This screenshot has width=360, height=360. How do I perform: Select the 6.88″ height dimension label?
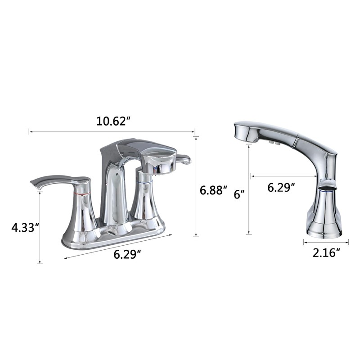(x=213, y=190)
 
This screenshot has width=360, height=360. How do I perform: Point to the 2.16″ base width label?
(x=326, y=253)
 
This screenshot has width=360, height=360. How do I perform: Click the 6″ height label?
(x=238, y=195)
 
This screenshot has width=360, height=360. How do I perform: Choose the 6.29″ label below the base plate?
(x=127, y=254)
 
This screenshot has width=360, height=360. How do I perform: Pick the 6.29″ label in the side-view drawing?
(x=281, y=188)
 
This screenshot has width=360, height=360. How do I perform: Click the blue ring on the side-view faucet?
(x=327, y=190)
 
